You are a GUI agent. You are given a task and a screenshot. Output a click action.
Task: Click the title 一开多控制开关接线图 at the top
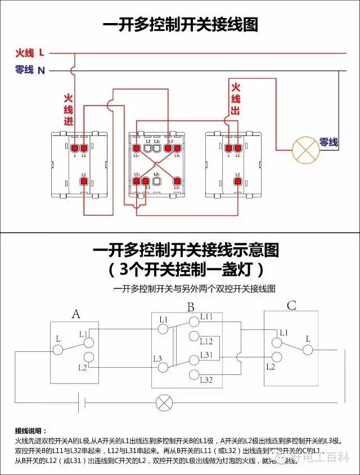click(x=180, y=25)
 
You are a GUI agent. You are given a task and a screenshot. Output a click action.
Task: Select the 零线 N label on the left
click(x=30, y=70)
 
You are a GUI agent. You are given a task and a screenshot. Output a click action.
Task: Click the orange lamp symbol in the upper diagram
click(x=305, y=149)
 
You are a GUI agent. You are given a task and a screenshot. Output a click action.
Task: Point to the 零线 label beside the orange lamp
click(x=329, y=143)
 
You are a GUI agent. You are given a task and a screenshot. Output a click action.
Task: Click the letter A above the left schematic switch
click(x=75, y=314)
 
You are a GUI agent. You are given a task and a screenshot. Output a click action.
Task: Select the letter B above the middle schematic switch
click(x=191, y=307)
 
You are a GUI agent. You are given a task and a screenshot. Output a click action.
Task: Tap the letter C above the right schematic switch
click(x=291, y=306)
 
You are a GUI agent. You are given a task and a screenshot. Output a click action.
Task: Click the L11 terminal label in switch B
click(x=206, y=317)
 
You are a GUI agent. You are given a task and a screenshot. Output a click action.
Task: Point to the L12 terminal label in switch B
click(x=206, y=341)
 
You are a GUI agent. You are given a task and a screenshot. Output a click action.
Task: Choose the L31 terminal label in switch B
click(x=206, y=355)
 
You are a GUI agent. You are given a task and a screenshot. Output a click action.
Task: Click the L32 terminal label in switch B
click(x=206, y=380)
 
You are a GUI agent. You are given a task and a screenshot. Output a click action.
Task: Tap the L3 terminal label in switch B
click(x=157, y=359)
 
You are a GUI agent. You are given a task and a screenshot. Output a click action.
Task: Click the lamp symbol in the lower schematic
click(x=164, y=402)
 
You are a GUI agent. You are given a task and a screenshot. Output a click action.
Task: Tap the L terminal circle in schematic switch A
click(x=58, y=350)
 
